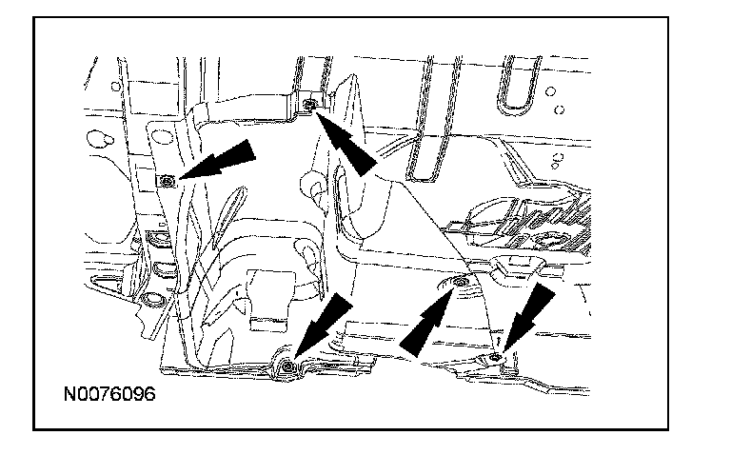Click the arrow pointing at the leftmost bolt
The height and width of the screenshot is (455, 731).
pyautogui.click(x=221, y=160)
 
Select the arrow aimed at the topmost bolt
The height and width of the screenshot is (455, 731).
pyautogui.click(x=346, y=141)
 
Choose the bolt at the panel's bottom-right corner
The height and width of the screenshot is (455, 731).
pyautogui.click(x=497, y=356)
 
